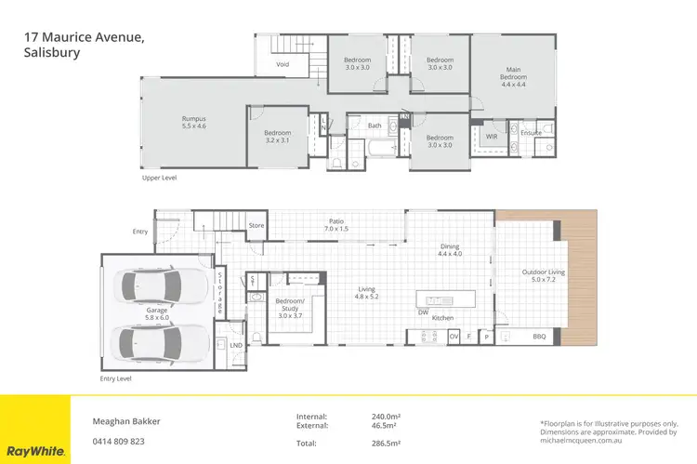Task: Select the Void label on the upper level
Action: pos(282,64)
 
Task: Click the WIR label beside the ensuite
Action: pos(492,133)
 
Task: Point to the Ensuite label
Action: pos(531,133)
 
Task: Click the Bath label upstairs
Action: pos(375,125)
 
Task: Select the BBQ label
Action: pos(538,336)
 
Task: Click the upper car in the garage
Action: pos(157,286)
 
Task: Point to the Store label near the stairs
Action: pos(256,225)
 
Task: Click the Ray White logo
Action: pos(34,451)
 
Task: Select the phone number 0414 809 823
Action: pos(118,441)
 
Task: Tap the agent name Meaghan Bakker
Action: pos(126,421)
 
